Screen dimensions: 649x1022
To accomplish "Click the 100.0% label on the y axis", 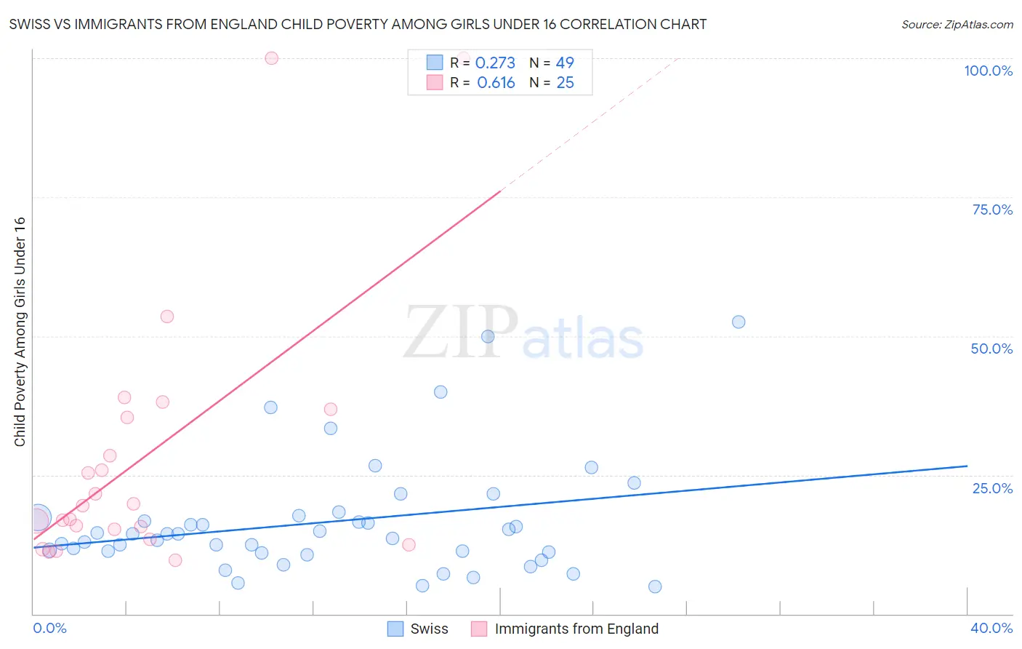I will click(x=988, y=71).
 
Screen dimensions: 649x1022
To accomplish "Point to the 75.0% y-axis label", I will click(x=992, y=210).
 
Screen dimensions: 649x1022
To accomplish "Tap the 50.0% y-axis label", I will click(x=991, y=349).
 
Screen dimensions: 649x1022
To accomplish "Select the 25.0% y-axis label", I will click(x=992, y=487).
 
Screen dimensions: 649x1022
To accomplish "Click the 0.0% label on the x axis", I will click(x=49, y=628).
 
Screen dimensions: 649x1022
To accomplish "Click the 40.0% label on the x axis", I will click(x=991, y=628).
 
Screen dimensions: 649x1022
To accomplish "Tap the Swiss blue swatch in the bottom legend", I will click(x=395, y=629).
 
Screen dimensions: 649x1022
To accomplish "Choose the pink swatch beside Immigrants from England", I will click(x=479, y=629).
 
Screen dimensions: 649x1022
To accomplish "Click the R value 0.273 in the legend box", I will click(x=495, y=63).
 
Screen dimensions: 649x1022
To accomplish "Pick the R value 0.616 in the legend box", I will click(x=496, y=82).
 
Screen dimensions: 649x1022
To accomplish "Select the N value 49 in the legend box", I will click(x=565, y=63).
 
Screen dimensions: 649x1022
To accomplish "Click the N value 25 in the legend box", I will click(x=565, y=82).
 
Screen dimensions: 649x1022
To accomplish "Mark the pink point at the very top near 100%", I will click(x=271, y=58).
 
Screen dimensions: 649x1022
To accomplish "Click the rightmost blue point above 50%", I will click(x=739, y=322).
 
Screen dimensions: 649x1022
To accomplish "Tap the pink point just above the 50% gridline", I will click(x=167, y=316).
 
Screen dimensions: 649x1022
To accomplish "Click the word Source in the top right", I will click(x=921, y=24).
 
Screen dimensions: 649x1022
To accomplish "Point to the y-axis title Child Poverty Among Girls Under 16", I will click(x=20, y=332).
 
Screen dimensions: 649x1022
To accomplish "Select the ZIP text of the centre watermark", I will click(x=461, y=332).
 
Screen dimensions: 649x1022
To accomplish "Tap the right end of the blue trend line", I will click(x=967, y=466).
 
